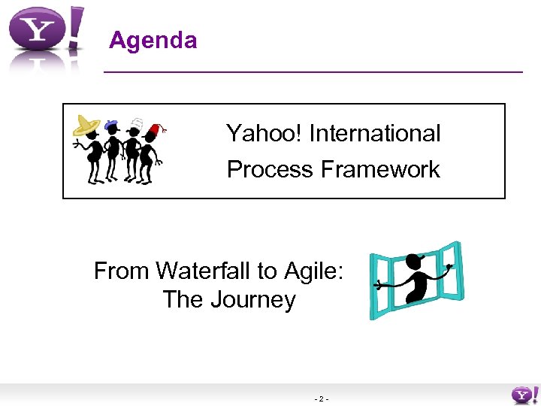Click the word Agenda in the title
tap(153, 40)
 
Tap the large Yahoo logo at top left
tap(45, 34)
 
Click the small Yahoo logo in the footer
tap(524, 393)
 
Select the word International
tap(375, 134)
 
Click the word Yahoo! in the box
tap(264, 134)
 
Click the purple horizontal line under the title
tap(312, 71)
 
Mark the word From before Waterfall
tap(122, 271)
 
